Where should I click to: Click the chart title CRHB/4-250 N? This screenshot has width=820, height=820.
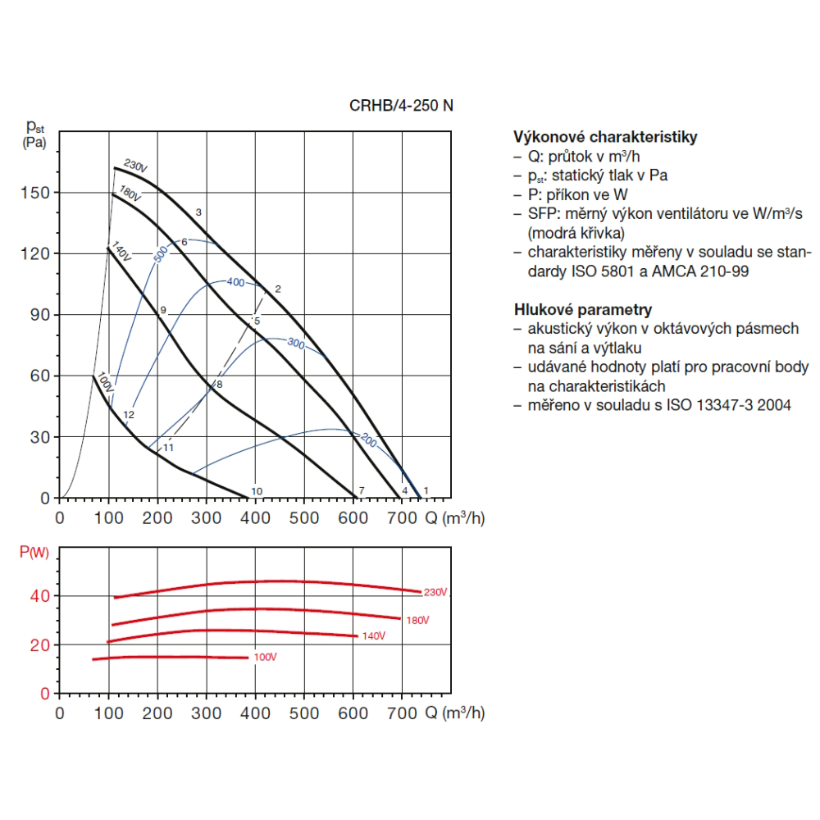(401, 105)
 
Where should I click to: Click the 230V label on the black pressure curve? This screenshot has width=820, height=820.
(135, 166)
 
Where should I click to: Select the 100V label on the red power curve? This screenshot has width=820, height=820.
(264, 658)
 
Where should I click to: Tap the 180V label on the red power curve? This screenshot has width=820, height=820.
(417, 620)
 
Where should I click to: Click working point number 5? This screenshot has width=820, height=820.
(257, 321)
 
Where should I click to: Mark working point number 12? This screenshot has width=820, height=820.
(129, 415)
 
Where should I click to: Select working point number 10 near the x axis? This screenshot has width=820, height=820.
(257, 490)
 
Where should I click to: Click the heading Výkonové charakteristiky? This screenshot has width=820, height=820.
(605, 137)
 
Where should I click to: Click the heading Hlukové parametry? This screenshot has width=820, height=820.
(583, 309)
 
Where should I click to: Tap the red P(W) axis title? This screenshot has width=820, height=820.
(34, 552)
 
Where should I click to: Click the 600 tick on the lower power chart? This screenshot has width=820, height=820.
(353, 713)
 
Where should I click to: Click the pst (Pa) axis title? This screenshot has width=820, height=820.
(34, 134)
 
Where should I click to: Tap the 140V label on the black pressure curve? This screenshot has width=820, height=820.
(121, 253)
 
